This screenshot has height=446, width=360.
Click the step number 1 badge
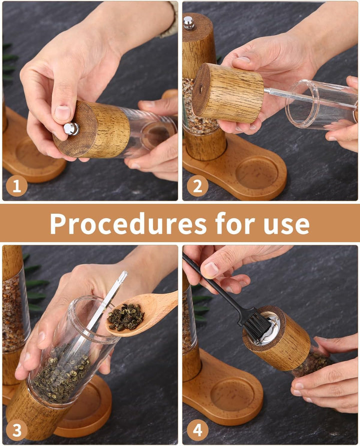tap(16, 186)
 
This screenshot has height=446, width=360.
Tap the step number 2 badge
tap(197, 186)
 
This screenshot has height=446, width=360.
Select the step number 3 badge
tap(16, 430)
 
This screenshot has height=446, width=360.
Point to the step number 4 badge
tap(197, 430)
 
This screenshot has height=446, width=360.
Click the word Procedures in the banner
tap(128, 224)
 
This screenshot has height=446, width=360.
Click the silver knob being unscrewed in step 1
tap(71, 128)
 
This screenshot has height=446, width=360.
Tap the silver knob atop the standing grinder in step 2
tap(188, 23)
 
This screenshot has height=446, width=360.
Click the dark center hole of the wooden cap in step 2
tap(201, 90)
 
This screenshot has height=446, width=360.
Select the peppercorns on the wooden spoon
tap(125, 317)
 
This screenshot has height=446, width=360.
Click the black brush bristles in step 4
tap(257, 327)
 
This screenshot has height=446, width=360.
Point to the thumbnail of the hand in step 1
tap(62, 113)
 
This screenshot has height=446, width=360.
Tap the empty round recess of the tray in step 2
tap(256, 172)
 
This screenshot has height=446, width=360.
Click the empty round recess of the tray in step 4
tap(232, 394)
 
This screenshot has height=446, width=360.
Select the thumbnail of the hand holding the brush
tap(210, 269)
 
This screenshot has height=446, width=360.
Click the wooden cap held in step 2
tap(227, 93)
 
